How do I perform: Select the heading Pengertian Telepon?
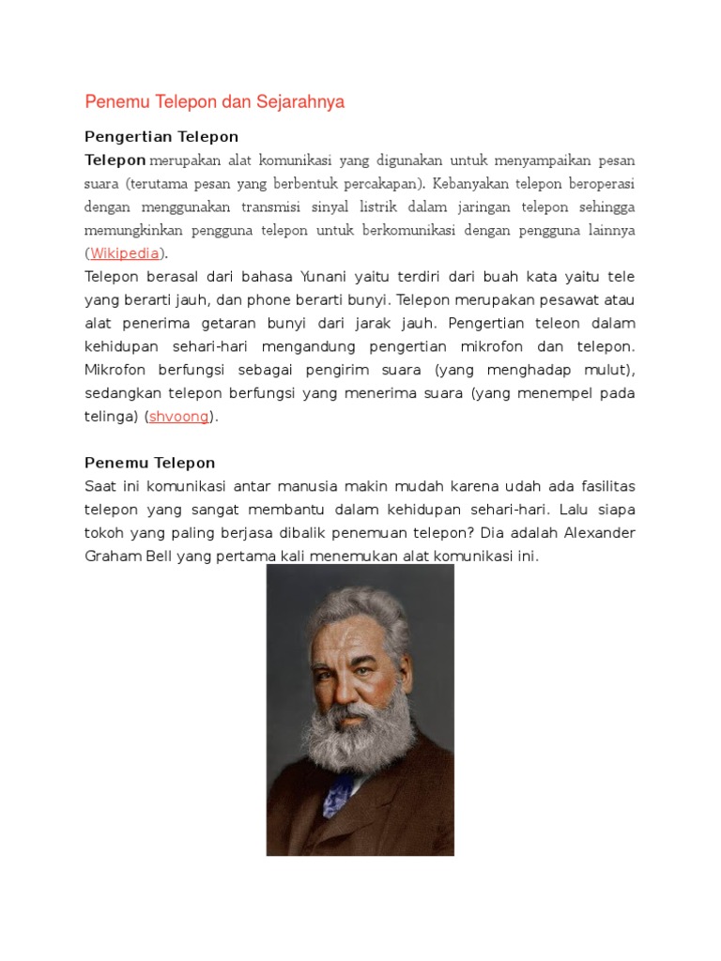point(161,137)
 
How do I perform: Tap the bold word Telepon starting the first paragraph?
point(115,160)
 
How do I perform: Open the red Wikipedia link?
point(125,253)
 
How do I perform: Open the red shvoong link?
point(179,417)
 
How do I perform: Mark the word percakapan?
point(384,183)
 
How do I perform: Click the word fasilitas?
point(603,486)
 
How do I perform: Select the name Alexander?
point(600,533)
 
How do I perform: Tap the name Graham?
point(113,557)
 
